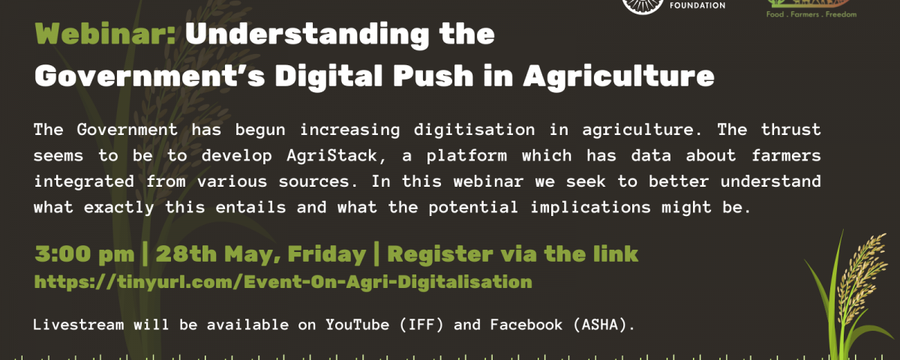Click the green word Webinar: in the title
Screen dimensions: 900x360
pyautogui.click(x=105, y=34)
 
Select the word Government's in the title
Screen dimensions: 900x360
pyautogui.click(x=150, y=76)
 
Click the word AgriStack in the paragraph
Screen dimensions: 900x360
pyautogui.click(x=331, y=156)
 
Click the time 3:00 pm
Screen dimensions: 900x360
pyautogui.click(x=84, y=255)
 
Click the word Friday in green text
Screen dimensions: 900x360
pyautogui.click(x=327, y=255)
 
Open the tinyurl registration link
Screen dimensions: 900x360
pyautogui.click(x=283, y=282)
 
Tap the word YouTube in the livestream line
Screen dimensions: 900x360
pyautogui.click(x=357, y=325)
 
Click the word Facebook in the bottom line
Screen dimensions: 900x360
pyautogui.click(x=526, y=325)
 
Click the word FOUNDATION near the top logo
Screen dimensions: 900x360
pyautogui.click(x=697, y=6)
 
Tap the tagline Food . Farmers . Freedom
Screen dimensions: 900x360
pyautogui.click(x=811, y=14)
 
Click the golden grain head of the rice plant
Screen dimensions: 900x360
pyautogui.click(x=864, y=277)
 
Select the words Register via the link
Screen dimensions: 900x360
pyautogui.click(x=513, y=255)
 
